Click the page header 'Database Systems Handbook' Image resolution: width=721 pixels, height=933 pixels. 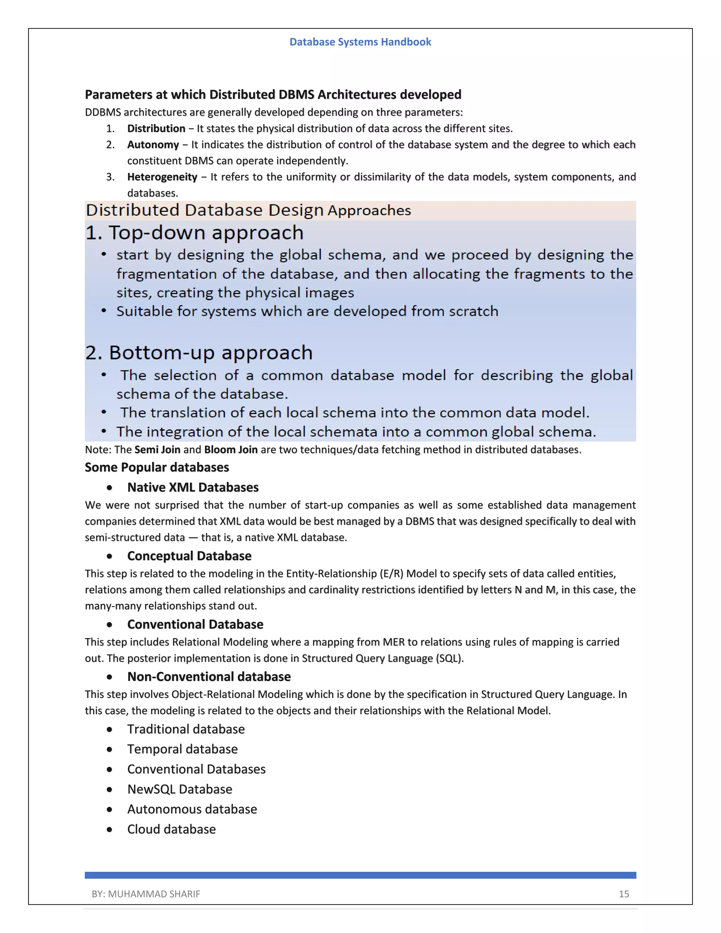click(360, 42)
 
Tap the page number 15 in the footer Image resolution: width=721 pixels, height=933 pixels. click(623, 894)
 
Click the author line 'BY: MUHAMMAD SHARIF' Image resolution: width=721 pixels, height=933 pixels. click(146, 894)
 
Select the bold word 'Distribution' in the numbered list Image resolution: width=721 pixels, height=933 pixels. click(156, 129)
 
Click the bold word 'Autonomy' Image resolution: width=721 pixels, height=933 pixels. click(153, 145)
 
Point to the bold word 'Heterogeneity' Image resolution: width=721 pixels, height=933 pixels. click(162, 177)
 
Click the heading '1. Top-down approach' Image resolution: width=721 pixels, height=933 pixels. click(194, 233)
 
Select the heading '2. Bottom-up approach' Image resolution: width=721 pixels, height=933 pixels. click(199, 353)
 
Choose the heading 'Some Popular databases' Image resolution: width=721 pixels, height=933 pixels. click(157, 467)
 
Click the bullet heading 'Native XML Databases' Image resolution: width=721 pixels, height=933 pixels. click(193, 487)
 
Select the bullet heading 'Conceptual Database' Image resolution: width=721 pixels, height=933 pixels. click(189, 556)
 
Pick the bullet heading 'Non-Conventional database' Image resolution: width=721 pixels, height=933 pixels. click(209, 677)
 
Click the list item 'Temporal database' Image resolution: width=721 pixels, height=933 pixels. click(182, 749)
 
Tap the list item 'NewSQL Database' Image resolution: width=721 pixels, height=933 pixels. click(180, 789)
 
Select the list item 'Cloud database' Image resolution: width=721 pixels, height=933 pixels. click(171, 829)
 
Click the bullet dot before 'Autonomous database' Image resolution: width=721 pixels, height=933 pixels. click(110, 809)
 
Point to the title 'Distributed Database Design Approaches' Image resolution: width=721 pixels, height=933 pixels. click(248, 210)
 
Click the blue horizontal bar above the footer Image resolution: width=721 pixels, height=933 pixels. click(360, 875)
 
